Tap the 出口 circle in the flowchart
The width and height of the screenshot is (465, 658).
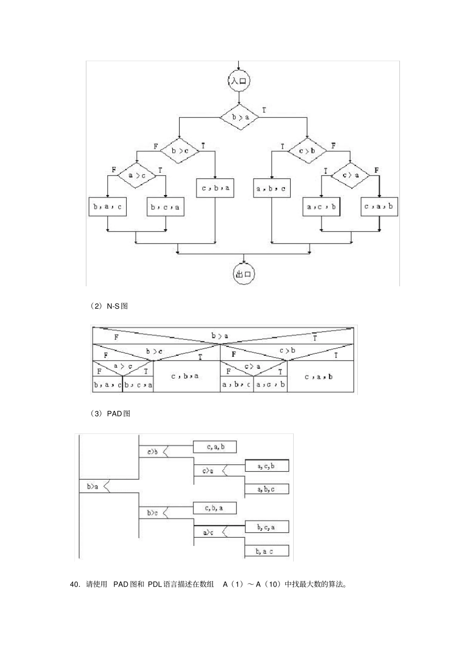click(x=243, y=274)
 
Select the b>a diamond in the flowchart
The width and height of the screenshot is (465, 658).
click(x=239, y=117)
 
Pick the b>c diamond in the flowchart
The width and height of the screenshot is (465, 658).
click(x=180, y=151)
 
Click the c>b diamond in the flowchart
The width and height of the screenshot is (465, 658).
click(x=307, y=151)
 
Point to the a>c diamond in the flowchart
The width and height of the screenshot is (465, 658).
click(x=137, y=175)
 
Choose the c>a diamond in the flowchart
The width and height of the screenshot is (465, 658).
click(x=350, y=175)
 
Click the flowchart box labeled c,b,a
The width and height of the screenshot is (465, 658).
click(x=215, y=187)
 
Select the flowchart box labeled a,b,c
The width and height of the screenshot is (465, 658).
click(x=272, y=188)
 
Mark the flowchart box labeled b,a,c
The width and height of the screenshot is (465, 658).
click(x=107, y=207)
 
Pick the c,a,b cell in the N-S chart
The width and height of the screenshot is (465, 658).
click(x=319, y=377)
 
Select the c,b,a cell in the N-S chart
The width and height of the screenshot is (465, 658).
click(x=186, y=376)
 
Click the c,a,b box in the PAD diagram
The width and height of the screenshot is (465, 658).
click(x=215, y=447)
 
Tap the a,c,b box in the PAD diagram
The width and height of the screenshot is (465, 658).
click(x=266, y=466)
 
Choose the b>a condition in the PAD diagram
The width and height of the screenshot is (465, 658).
click(x=93, y=486)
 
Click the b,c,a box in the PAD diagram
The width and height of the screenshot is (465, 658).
click(x=266, y=527)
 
